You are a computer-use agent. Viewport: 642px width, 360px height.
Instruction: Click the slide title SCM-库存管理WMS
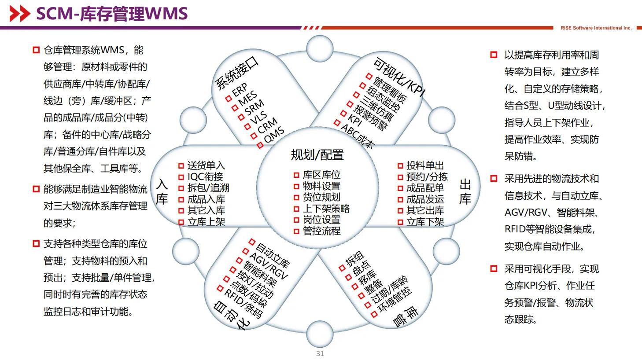112,14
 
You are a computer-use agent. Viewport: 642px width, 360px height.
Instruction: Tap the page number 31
320,353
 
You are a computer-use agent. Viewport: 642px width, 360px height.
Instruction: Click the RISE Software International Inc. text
596,28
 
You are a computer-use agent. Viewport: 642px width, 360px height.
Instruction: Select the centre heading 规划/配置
317,155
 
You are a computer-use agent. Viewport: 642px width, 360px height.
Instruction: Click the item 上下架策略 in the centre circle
326,208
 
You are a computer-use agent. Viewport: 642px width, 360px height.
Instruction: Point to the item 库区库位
321,175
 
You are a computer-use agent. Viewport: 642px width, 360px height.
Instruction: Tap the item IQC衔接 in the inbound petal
205,176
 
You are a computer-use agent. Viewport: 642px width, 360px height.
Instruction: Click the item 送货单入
206,165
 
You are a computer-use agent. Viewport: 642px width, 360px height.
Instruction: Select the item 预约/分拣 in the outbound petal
427,177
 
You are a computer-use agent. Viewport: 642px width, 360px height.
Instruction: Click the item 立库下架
425,222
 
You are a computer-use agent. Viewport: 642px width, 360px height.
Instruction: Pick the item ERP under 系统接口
240,91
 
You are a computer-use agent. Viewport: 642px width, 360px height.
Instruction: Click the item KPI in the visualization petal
354,119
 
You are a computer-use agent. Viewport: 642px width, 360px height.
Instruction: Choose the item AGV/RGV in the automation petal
268,266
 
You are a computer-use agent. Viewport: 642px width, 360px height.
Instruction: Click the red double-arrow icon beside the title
20,14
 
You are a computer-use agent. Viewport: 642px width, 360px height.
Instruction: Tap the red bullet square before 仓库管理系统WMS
36,50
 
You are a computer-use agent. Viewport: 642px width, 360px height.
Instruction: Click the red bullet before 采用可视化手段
494,268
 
